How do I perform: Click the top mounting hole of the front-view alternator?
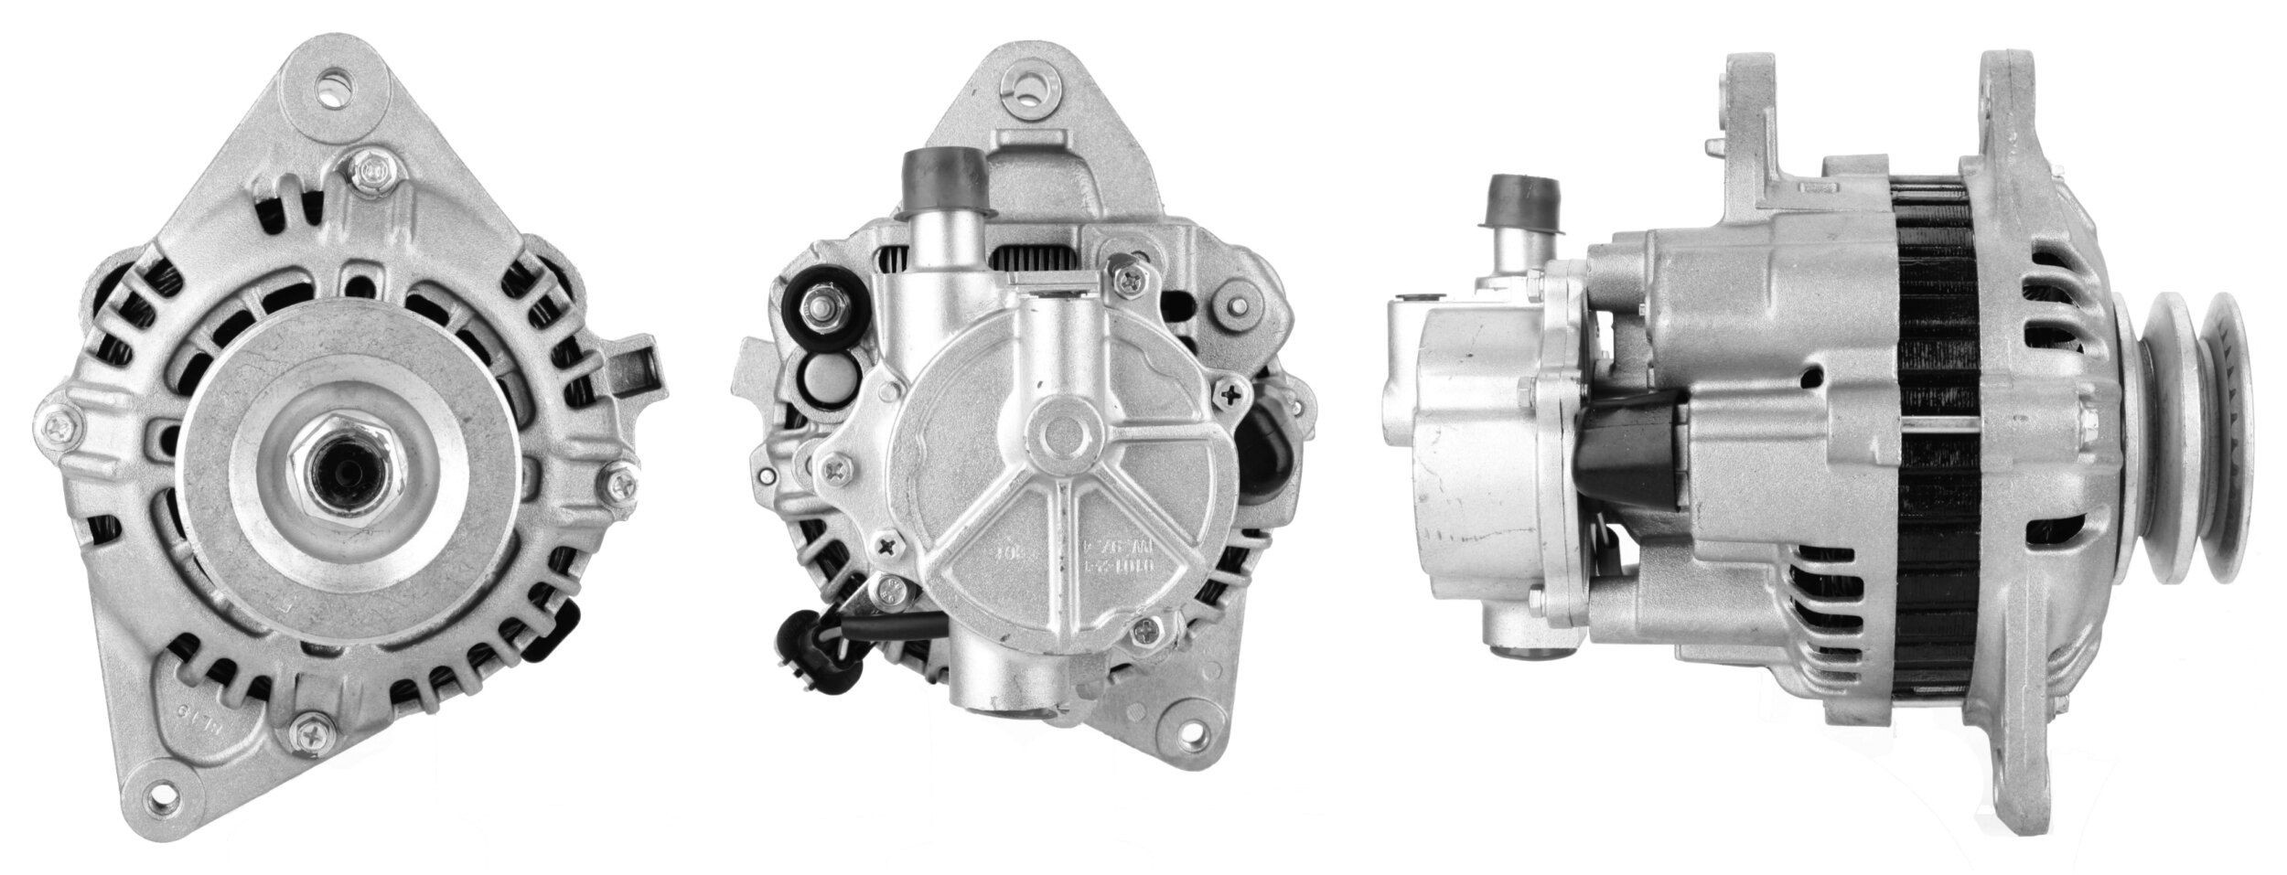(332, 91)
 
